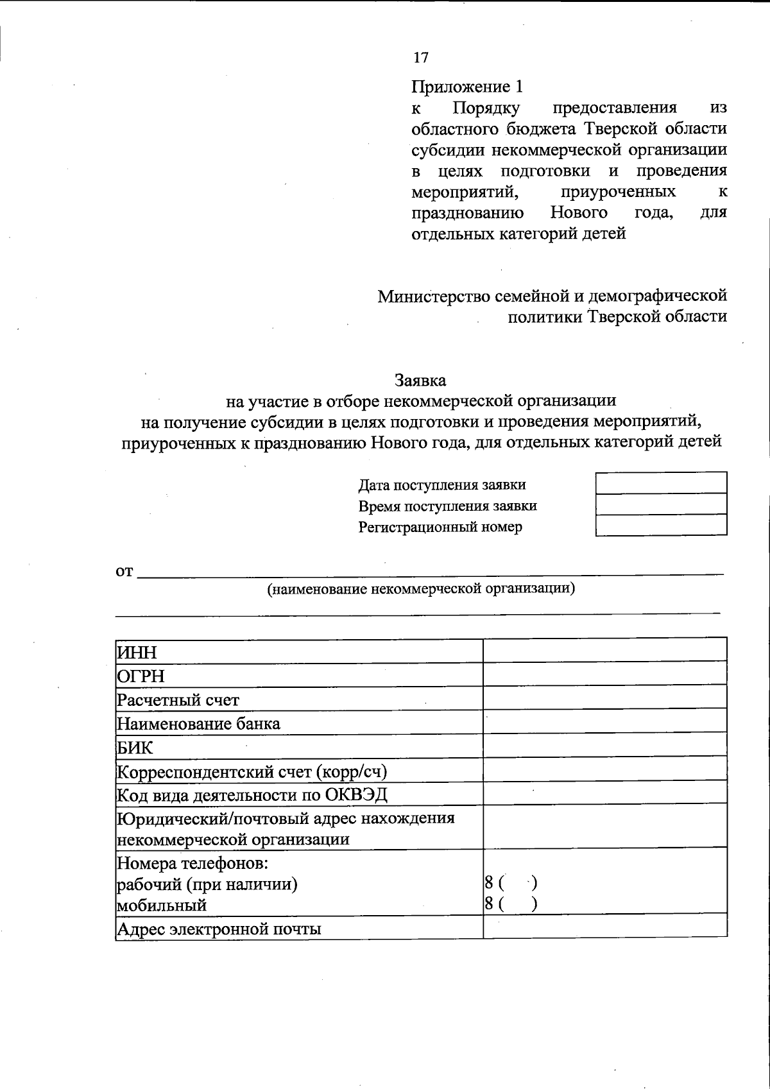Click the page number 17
[x=420, y=58]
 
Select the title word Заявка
[x=420, y=380]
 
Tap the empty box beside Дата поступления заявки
[x=661, y=483]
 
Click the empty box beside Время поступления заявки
[x=661, y=504]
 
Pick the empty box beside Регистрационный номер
[x=661, y=525]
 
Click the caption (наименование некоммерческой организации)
[x=420, y=588]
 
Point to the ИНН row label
[x=137, y=653]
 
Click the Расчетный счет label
[x=178, y=699]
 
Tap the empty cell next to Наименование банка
[x=604, y=722]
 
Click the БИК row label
[x=135, y=748]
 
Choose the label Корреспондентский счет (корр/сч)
[x=252, y=771]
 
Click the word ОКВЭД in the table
[x=356, y=795]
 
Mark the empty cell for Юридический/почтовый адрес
[x=604, y=828]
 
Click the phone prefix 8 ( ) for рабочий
[x=511, y=883]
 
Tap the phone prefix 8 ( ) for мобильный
[x=511, y=904]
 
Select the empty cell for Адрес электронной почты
[x=604, y=927]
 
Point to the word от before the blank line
[x=124, y=571]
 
